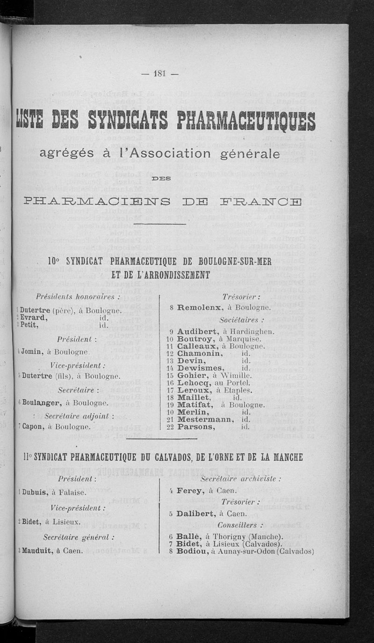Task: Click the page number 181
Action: click(x=160, y=73)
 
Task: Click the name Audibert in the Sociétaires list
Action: click(x=196, y=331)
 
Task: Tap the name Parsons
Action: click(x=196, y=427)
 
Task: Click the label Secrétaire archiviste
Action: click(x=240, y=479)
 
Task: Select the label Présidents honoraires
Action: click(x=79, y=297)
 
